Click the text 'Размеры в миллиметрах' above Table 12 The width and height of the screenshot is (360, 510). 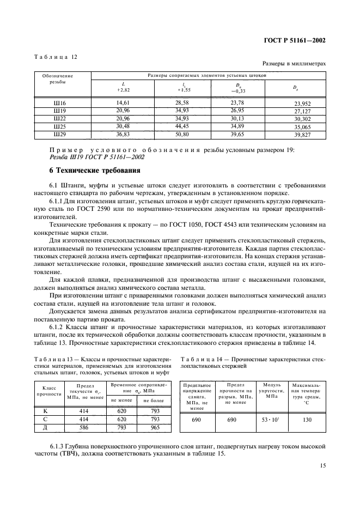(294, 64)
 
